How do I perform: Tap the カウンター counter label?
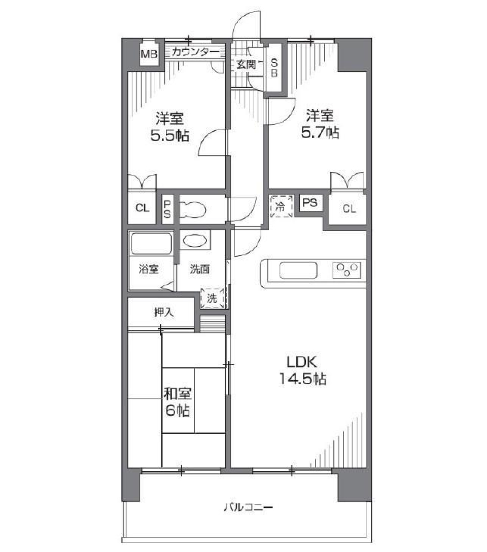tap(195, 52)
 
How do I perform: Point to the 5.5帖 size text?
tap(169, 136)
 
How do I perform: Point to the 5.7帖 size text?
tap(320, 132)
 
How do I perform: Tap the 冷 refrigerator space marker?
tap(281, 206)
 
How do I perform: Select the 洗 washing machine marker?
tap(212, 299)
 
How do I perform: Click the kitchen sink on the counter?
tap(298, 270)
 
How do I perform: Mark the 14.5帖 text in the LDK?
tap(302, 378)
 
